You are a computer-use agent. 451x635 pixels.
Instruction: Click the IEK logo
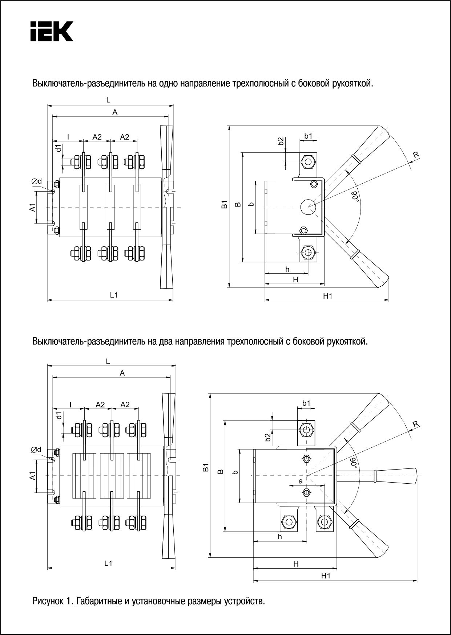tap(51, 31)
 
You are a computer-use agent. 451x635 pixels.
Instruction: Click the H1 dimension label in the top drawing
tap(327, 296)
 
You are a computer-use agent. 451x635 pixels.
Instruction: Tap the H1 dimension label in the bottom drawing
tap(326, 576)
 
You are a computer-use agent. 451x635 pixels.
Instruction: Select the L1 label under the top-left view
tap(114, 295)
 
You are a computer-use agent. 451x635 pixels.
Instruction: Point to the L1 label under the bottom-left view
tap(108, 564)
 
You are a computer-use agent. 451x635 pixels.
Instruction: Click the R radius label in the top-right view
tap(416, 155)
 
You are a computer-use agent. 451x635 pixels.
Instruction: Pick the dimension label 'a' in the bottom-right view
tap(300, 482)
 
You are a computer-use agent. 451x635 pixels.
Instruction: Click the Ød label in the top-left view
tap(37, 181)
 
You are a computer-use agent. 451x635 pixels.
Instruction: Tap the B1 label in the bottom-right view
tap(206, 468)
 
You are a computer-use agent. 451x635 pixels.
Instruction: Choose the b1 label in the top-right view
tap(308, 136)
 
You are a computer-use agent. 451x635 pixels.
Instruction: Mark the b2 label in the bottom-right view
tap(268, 437)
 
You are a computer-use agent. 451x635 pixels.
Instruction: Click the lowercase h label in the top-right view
tap(287, 269)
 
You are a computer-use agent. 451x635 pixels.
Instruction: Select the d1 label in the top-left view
tap(58, 148)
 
